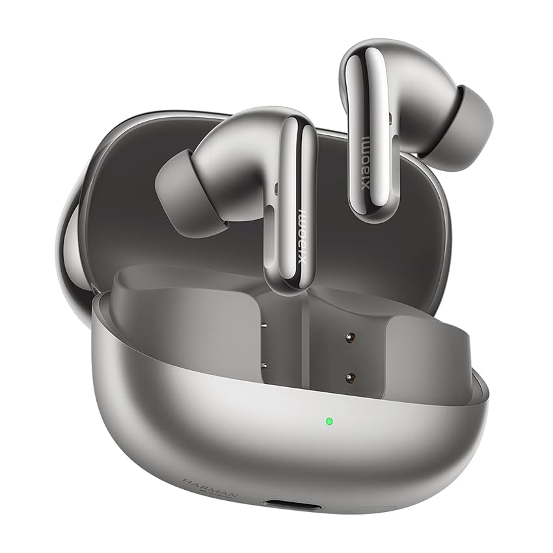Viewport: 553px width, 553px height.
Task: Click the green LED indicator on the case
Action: [x=329, y=420]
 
